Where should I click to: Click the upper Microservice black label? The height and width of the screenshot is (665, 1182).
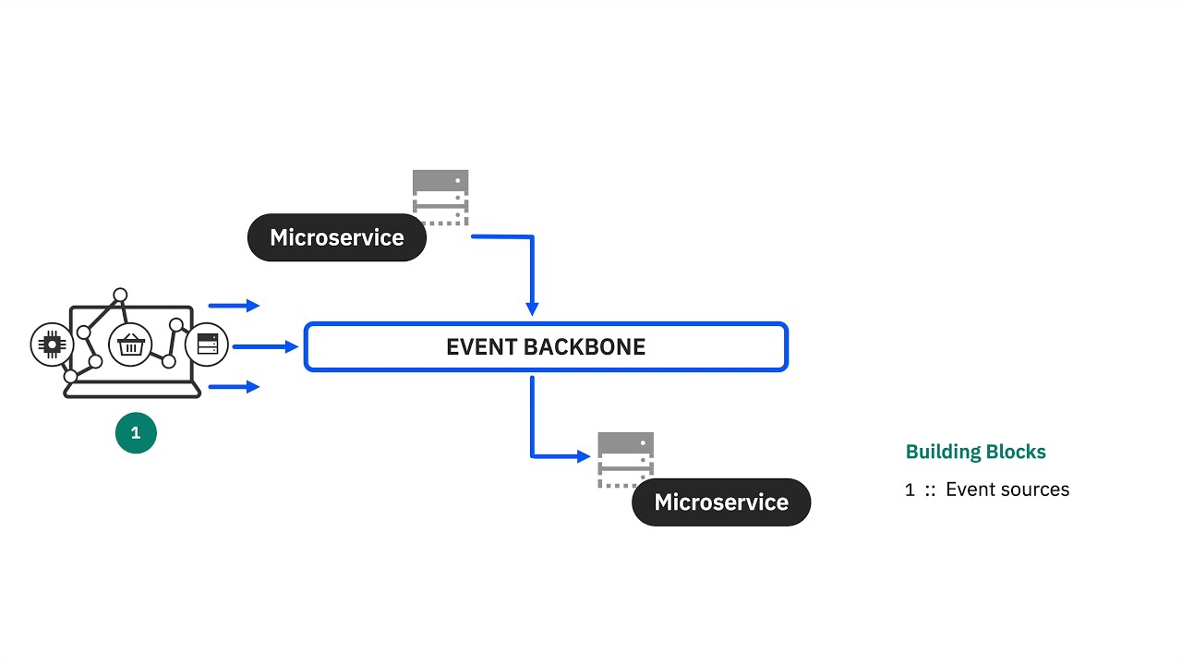pos(337,237)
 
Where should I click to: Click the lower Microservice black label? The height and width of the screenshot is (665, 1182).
pos(721,502)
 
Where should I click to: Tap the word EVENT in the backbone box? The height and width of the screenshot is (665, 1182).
pos(477,347)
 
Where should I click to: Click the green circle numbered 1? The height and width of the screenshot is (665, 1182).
pos(136,433)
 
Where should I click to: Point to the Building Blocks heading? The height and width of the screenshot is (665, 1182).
pos(975,452)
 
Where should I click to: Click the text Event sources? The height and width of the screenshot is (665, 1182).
pos(1007,490)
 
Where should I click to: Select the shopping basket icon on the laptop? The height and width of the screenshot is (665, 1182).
pos(130,345)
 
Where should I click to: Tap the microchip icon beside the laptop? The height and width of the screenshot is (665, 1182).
pos(52,345)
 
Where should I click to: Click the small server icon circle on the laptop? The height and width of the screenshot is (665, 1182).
pos(207,345)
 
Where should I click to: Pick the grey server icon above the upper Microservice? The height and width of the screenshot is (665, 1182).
pos(440,197)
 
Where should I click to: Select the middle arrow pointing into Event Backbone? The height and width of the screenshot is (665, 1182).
pos(266,347)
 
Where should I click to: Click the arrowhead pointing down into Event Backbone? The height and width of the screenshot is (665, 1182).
pos(532,308)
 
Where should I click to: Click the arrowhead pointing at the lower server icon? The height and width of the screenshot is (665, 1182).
pos(583,455)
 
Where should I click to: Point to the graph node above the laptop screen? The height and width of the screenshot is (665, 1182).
pos(120,296)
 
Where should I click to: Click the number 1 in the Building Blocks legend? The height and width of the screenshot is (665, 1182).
pos(910,490)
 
